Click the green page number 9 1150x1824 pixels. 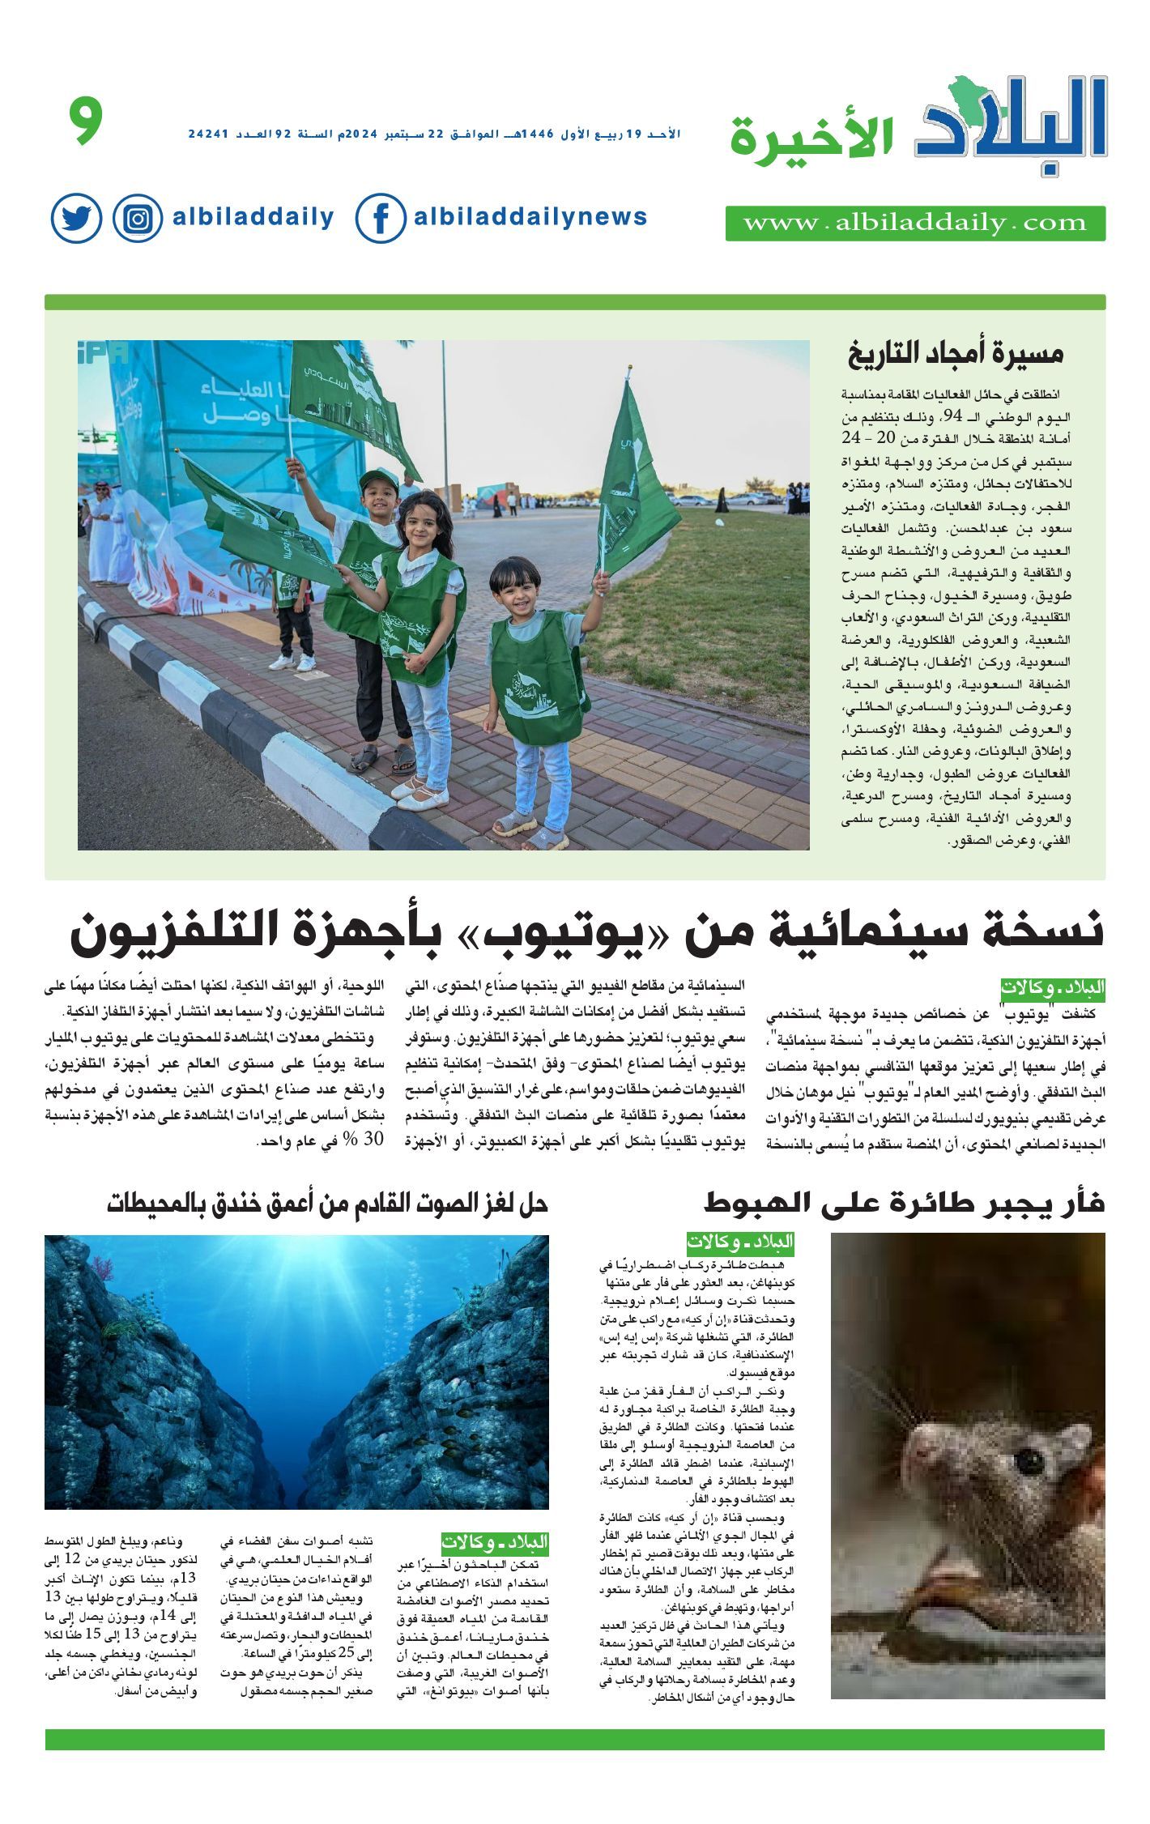[x=86, y=121]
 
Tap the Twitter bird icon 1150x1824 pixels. [x=76, y=218]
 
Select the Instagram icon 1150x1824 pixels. [x=138, y=219]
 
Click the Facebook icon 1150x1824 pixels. [x=380, y=218]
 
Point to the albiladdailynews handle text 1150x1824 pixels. [x=530, y=217]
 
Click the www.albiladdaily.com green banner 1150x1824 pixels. [x=915, y=224]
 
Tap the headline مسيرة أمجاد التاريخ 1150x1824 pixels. [x=955, y=354]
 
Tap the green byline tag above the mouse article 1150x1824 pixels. [x=740, y=1242]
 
